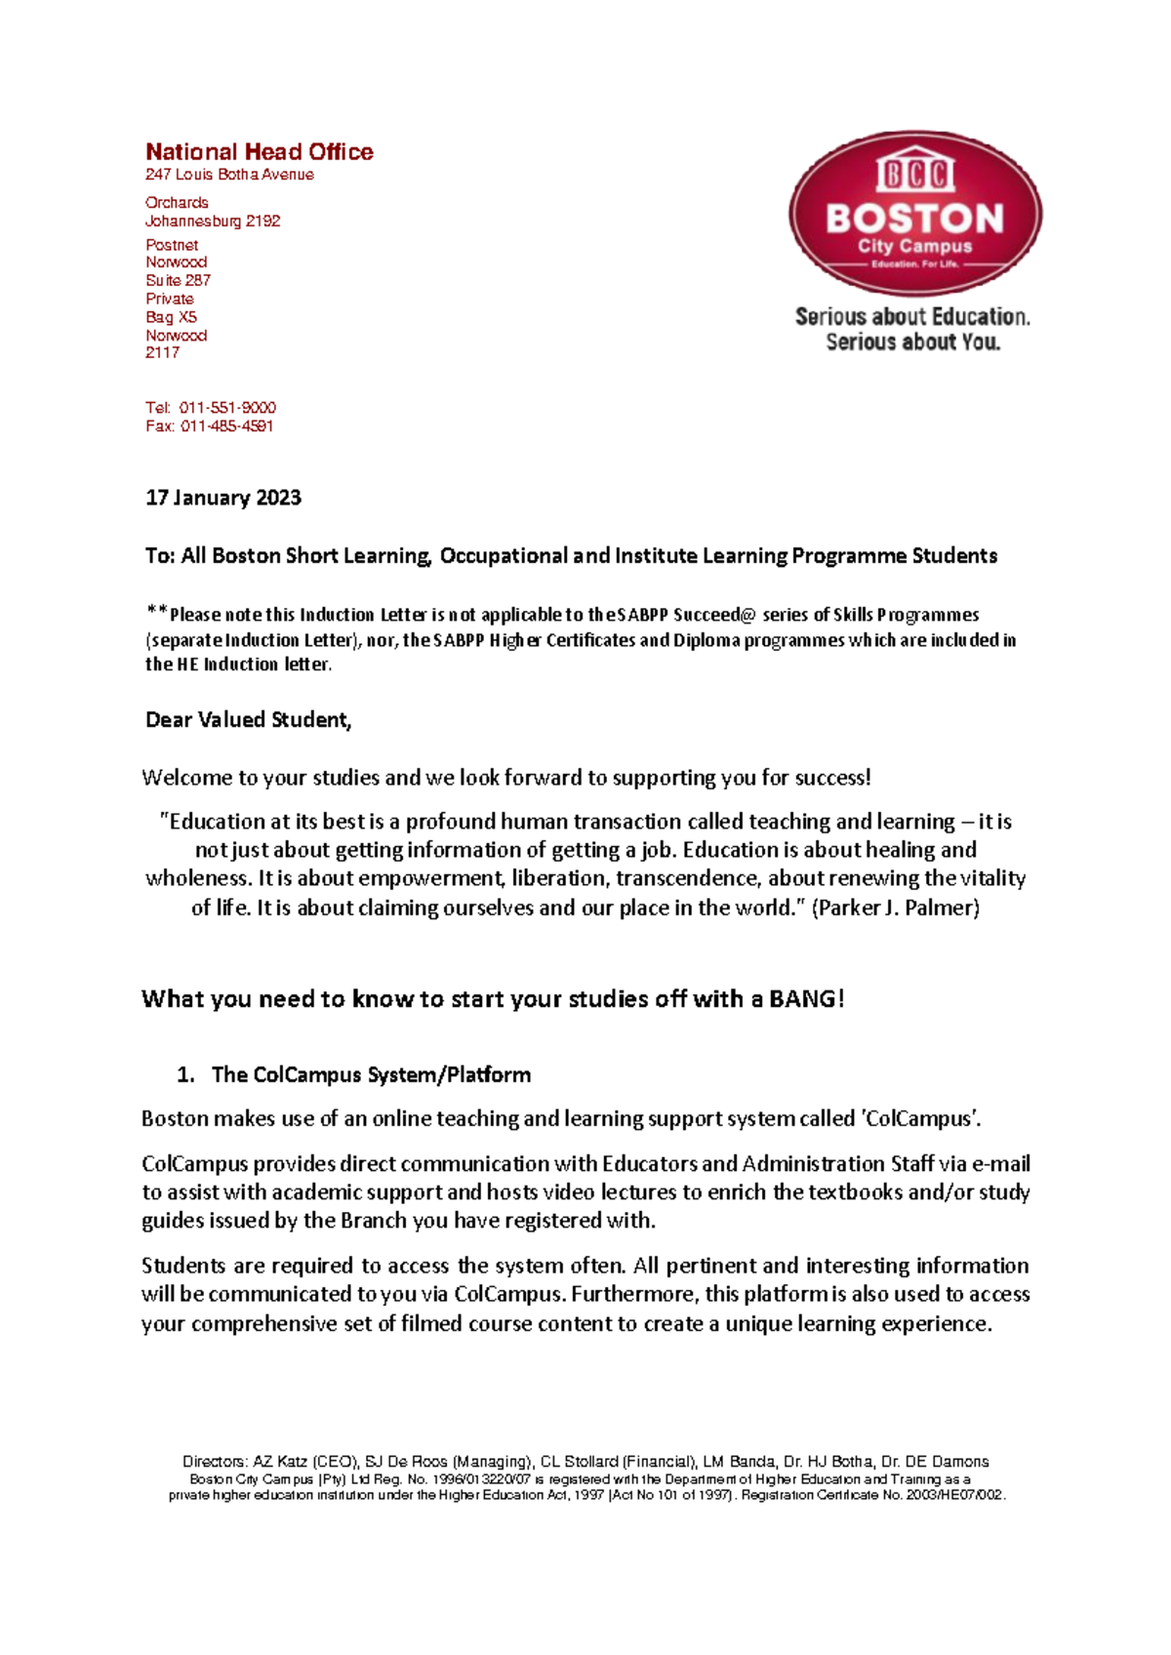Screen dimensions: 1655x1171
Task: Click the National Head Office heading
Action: pyautogui.click(x=259, y=152)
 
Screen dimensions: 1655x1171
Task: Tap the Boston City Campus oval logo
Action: pyautogui.click(x=914, y=213)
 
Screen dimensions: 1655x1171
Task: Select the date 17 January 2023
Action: pyautogui.click(x=223, y=498)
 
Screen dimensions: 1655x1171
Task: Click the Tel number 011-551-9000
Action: pyautogui.click(x=227, y=407)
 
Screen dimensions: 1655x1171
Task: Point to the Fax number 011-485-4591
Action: pyautogui.click(x=226, y=425)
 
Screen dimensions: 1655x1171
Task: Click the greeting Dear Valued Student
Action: pyautogui.click(x=248, y=720)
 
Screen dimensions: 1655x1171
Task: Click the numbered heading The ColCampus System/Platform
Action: pyautogui.click(x=371, y=1074)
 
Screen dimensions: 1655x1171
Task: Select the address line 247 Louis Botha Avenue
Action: pyautogui.click(x=229, y=175)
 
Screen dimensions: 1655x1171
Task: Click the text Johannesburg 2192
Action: pyautogui.click(x=213, y=222)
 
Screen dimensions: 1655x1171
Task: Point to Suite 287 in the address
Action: pyautogui.click(x=178, y=280)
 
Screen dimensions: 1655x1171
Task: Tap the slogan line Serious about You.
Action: pyautogui.click(x=912, y=342)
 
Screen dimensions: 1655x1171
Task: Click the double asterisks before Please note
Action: pyautogui.click(x=157, y=612)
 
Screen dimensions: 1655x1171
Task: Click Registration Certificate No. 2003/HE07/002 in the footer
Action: pyautogui.click(x=872, y=1495)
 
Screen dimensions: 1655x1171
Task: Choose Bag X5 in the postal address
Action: pyautogui.click(x=171, y=317)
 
